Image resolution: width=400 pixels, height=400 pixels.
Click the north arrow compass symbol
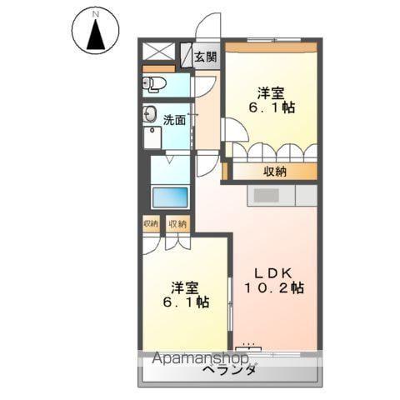[x=95, y=31]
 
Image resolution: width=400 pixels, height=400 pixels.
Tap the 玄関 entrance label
[x=205, y=57]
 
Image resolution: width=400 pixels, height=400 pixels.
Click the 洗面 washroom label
[x=174, y=119]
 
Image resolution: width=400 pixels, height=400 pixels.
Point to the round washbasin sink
[x=151, y=115]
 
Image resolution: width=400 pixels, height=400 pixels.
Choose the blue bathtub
[x=169, y=197]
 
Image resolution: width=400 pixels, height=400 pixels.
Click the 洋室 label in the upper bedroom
[x=270, y=92]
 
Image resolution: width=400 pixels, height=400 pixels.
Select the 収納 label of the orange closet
[x=276, y=172]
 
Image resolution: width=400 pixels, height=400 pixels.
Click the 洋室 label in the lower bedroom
[x=185, y=287]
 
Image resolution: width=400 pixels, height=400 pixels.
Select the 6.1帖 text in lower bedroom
[x=185, y=304]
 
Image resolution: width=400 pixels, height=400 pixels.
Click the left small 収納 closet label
[x=151, y=223]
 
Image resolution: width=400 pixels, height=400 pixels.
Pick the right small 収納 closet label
[x=177, y=223]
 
